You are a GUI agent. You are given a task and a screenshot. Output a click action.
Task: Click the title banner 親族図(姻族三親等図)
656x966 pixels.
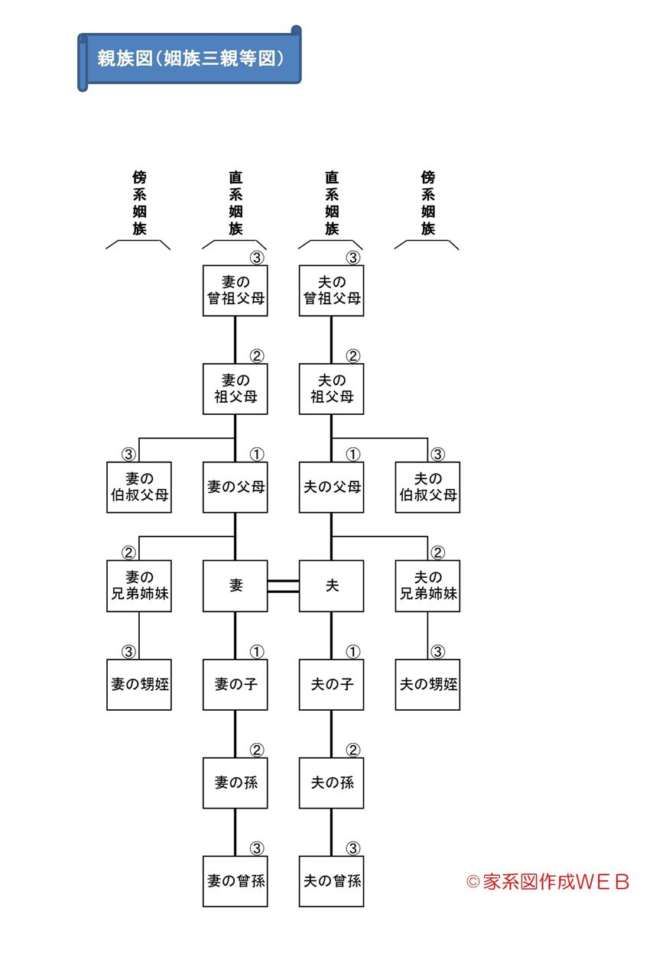pos(190,58)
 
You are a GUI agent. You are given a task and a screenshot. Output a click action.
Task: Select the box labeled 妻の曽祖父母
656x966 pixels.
pos(235,290)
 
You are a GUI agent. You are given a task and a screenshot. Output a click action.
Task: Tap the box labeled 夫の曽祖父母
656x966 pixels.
pos(331,290)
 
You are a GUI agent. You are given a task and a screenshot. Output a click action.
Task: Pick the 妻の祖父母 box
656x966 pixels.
pos(235,388)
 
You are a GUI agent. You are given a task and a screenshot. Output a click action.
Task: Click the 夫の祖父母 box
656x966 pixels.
pos(331,388)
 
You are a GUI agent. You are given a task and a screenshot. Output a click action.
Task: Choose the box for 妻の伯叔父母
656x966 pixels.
pos(138,487)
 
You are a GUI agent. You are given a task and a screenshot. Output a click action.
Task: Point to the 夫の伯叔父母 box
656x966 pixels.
pos(427,487)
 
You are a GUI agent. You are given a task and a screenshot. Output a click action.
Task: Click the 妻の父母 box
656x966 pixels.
pos(235,487)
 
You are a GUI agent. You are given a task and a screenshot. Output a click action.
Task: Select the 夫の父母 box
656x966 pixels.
pos(331,487)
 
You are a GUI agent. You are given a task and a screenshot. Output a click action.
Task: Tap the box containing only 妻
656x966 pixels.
pos(235,585)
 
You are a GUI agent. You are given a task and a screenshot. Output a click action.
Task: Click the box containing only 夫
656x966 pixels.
pos(331,585)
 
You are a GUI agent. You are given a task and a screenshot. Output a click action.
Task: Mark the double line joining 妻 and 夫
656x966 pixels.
pos(283,585)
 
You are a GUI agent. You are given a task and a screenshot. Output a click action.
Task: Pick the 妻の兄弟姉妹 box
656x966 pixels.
pos(138,585)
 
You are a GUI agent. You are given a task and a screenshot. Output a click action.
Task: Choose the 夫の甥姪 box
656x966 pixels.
pos(427,684)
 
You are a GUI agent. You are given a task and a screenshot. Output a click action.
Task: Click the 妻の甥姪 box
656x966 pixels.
pos(138,684)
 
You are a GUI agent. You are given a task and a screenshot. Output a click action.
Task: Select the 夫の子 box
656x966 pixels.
pos(331,684)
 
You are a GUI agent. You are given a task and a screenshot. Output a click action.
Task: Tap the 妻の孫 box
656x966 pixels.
pos(235,783)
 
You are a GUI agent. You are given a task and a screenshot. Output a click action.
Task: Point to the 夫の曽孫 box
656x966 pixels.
pos(331,881)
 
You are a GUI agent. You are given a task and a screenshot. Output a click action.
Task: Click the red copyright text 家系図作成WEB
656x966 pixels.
pos(548,881)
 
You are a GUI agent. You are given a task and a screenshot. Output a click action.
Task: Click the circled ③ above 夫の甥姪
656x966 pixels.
pos(437,652)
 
